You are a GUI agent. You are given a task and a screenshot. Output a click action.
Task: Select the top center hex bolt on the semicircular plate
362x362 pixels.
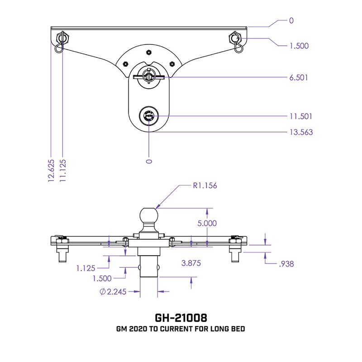click(x=148, y=53)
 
